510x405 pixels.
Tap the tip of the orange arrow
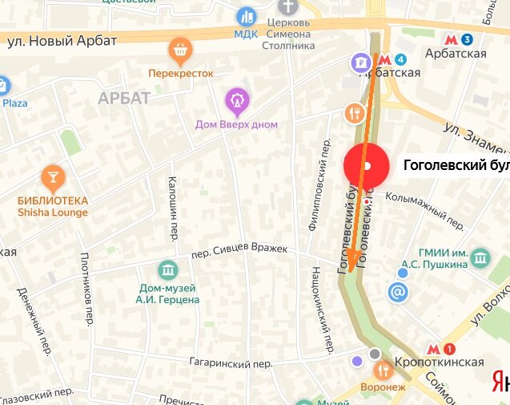pyautogui.click(x=350, y=272)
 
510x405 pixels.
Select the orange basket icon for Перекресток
pyautogui.click(x=180, y=52)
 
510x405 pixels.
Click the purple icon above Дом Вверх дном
pyautogui.click(x=236, y=100)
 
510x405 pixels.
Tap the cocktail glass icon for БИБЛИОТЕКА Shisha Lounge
pyautogui.click(x=53, y=176)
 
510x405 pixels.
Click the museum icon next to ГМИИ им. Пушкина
pyautogui.click(x=480, y=257)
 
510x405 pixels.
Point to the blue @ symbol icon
pyautogui.click(x=397, y=293)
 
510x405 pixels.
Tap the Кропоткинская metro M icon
pyautogui.click(x=433, y=348)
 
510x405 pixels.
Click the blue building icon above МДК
pyautogui.click(x=246, y=16)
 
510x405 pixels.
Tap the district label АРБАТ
pyautogui.click(x=124, y=98)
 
